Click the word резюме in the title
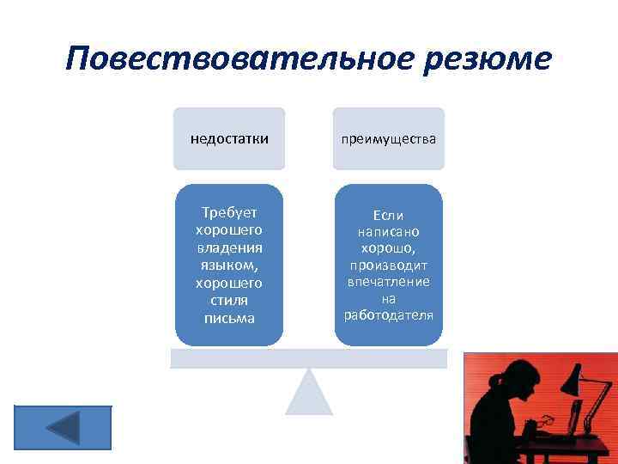click(x=480, y=59)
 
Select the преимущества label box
click(x=390, y=138)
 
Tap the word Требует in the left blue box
click(x=229, y=212)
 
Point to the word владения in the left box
click(x=229, y=247)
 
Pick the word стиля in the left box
click(x=229, y=300)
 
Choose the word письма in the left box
click(x=229, y=318)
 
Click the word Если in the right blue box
click(x=389, y=215)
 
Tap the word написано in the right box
click(x=389, y=232)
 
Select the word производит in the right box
click(x=389, y=266)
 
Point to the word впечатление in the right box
click(x=389, y=282)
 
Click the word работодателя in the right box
click(x=389, y=315)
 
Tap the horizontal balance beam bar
click(x=309, y=358)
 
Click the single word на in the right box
click(x=389, y=299)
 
